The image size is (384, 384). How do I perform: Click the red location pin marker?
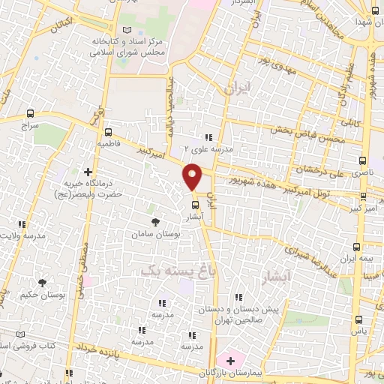point(193,176)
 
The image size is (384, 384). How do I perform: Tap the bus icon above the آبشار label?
point(194,204)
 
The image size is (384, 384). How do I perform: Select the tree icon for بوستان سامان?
point(155,222)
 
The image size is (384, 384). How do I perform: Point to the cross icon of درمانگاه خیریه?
point(88,172)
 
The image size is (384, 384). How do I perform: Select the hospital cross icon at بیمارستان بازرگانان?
point(229,361)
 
